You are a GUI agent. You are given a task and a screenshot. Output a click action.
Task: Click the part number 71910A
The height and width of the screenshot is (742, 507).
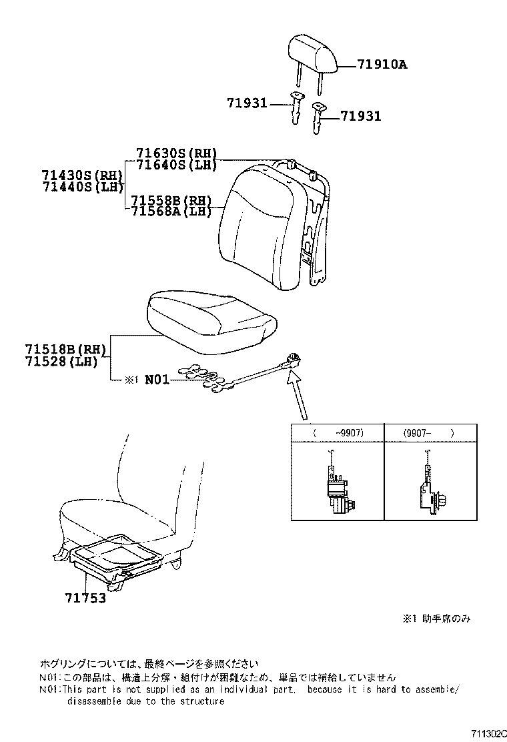382,65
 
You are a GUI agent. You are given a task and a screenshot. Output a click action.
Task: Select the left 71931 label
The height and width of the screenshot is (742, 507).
246,103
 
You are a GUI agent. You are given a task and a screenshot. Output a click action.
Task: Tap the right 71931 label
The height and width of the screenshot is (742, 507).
361,116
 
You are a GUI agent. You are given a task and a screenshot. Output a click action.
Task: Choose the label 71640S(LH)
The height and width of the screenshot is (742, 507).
177,165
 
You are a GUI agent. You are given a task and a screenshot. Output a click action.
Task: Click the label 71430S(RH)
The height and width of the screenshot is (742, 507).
82,175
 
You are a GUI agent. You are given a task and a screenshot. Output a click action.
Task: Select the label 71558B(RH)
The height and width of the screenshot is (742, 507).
171,200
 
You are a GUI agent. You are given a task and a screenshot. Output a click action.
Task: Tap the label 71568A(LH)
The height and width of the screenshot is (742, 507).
171,211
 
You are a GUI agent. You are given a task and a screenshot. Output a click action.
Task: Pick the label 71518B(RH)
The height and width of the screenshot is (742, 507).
66,350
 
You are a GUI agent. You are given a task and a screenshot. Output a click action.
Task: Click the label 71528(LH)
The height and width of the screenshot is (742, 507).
61,361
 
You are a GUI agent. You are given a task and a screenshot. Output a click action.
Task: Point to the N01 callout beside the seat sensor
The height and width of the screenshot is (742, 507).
157,380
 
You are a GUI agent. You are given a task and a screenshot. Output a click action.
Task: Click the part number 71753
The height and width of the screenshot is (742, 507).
85,598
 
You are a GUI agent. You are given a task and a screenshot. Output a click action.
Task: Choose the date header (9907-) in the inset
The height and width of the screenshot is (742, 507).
428,432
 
